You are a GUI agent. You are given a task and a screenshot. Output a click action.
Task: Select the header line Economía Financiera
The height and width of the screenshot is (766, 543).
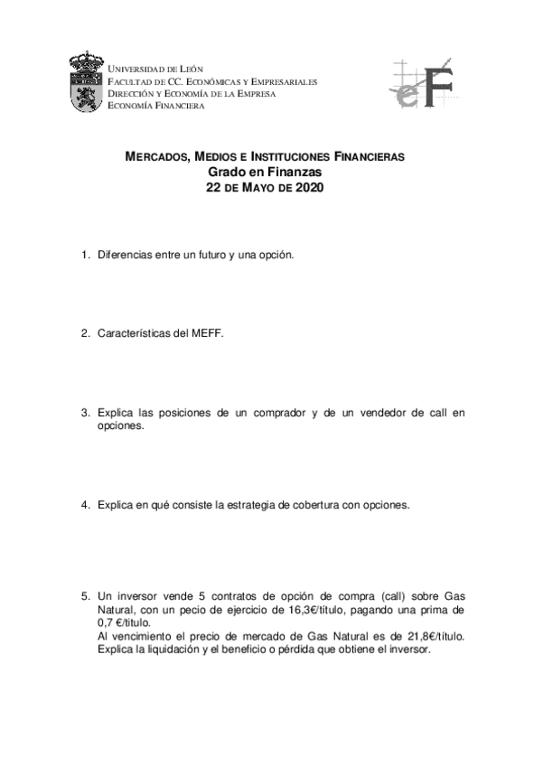point(155,105)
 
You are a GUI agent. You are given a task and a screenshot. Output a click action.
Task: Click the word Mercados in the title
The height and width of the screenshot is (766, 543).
point(154,157)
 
